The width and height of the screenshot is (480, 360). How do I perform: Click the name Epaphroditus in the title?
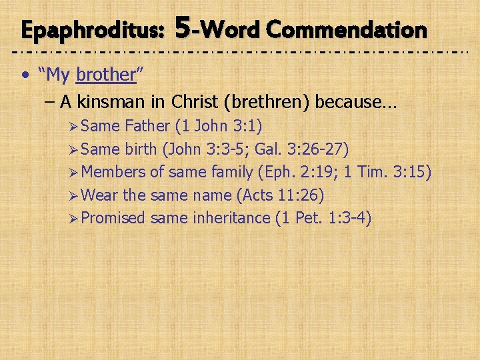point(93,30)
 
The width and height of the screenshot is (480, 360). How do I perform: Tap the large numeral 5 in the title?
point(185,27)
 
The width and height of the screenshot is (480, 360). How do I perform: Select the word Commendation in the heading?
point(345,29)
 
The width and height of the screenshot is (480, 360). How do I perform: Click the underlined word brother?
point(106,75)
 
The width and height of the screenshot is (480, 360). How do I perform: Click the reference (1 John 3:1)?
point(218,127)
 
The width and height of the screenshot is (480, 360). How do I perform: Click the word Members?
point(114,172)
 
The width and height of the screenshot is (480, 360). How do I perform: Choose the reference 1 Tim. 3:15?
point(388,172)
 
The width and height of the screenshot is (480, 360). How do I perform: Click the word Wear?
point(100,195)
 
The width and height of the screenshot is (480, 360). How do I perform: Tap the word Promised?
point(115,218)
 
